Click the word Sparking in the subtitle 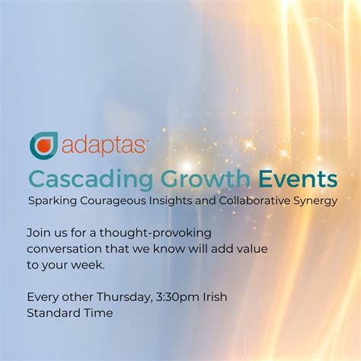[x=51, y=202]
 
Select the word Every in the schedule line [x=43, y=297]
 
